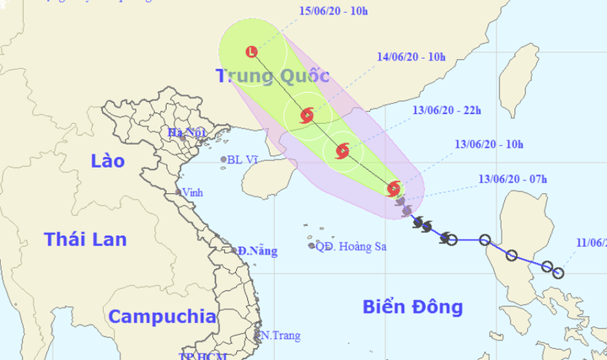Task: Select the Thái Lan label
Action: pos(85,239)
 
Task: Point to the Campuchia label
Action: pos(162,317)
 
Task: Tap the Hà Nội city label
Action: pos(186,132)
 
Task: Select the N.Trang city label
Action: pos(280,336)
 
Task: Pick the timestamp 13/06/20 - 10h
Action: pos(489,144)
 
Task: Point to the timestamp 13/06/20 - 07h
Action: pos(513,179)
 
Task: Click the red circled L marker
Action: pos(252,52)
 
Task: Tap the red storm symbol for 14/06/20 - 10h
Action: pos(307,115)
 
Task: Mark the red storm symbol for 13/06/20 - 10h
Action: pos(393,189)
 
